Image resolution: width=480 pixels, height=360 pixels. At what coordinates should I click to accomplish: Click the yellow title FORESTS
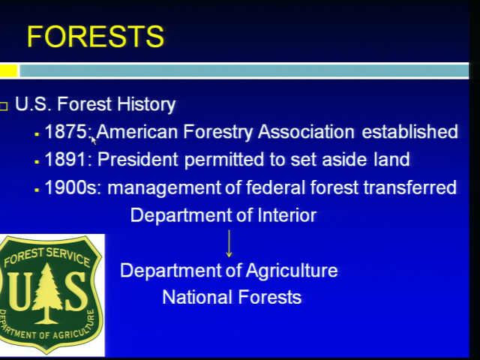click(x=95, y=37)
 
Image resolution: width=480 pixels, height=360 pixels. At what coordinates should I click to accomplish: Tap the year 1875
click(x=66, y=132)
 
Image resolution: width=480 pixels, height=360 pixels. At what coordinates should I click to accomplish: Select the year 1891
click(x=66, y=160)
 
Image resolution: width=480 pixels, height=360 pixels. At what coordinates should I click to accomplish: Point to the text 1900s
click(x=71, y=187)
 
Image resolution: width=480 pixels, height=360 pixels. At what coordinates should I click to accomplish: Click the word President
click(x=138, y=160)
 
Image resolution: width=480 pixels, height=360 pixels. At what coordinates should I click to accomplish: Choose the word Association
click(x=306, y=132)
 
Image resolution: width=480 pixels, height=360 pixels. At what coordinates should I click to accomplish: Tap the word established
click(x=410, y=132)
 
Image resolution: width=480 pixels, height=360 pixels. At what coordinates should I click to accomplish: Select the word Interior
click(x=287, y=215)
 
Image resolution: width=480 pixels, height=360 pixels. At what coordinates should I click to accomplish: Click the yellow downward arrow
click(x=229, y=244)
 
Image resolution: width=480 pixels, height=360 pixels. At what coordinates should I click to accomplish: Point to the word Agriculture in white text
click(x=292, y=271)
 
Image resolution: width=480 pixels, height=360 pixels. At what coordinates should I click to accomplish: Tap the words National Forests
click(x=232, y=297)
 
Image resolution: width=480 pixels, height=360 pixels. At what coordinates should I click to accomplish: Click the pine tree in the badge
click(x=46, y=293)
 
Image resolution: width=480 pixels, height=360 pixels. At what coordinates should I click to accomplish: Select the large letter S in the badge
click(x=75, y=291)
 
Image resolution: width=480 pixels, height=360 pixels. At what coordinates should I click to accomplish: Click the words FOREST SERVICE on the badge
click(x=46, y=256)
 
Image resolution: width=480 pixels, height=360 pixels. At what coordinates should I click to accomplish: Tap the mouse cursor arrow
click(x=94, y=141)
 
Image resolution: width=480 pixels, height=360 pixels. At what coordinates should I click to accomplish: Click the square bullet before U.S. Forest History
click(x=3, y=106)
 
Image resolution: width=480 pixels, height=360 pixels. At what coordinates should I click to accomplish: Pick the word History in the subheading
click(x=146, y=105)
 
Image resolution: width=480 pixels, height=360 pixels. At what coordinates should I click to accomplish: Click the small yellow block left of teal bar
click(x=8, y=70)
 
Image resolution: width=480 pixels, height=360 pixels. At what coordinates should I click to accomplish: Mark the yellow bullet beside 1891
click(x=37, y=162)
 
